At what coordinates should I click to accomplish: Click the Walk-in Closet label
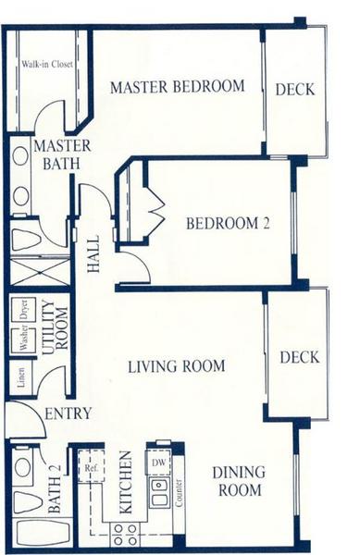coord(47,64)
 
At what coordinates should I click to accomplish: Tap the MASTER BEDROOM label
coord(178,87)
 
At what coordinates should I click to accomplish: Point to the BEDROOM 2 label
coord(228,223)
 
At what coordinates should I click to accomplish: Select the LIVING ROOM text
coord(176,366)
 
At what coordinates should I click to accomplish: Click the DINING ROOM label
coord(240,481)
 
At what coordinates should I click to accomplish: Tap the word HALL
coord(93,254)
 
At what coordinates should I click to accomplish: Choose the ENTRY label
coord(68,413)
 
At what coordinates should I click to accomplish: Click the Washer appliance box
coord(23,340)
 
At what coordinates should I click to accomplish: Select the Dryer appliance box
coord(23,310)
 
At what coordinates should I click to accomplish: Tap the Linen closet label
coord(21,377)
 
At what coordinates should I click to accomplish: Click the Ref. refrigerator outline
coord(91,466)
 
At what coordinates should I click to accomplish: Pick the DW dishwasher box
coord(158,462)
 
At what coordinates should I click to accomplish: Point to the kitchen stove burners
coord(125,534)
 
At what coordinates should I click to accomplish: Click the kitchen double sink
coord(159,492)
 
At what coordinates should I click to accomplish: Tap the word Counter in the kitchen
coord(179,493)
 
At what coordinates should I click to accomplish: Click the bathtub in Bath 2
coord(42,533)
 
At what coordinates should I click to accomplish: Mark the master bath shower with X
coord(40,272)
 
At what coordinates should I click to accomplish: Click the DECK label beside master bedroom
coord(295,89)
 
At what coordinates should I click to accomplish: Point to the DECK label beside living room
coord(300,357)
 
